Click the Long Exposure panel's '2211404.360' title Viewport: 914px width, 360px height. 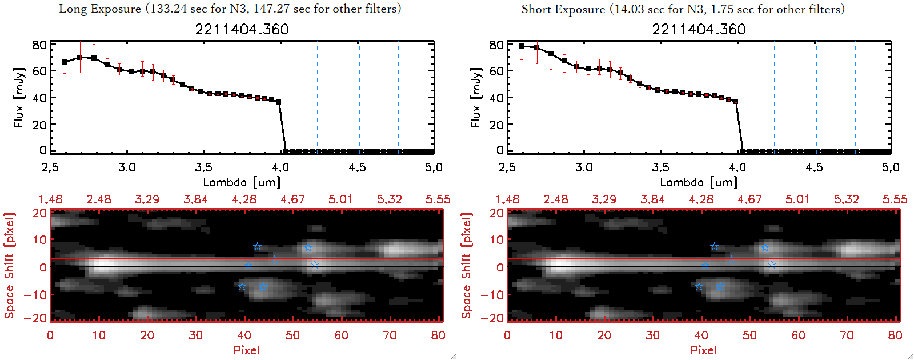(x=242, y=29)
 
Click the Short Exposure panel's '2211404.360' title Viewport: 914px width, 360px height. (x=699, y=29)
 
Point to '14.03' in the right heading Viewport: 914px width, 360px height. (x=629, y=9)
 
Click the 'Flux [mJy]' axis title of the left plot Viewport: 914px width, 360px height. (x=19, y=97)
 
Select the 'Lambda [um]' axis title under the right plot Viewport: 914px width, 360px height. (x=699, y=182)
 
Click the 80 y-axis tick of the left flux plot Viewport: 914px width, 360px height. (x=39, y=45)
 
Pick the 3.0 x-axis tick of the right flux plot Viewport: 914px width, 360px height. (x=584, y=167)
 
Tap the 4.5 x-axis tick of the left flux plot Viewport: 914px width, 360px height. (x=357, y=167)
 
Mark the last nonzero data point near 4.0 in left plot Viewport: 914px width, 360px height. (x=278, y=102)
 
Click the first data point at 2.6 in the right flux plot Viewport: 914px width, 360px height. (x=522, y=46)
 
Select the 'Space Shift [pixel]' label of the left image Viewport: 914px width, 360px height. (x=9, y=266)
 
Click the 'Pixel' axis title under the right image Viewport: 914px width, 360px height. (x=703, y=350)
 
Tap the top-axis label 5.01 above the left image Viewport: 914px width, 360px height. (x=340, y=199)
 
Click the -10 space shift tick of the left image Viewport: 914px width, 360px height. (x=35, y=294)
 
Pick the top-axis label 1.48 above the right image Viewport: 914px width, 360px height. (x=507, y=199)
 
